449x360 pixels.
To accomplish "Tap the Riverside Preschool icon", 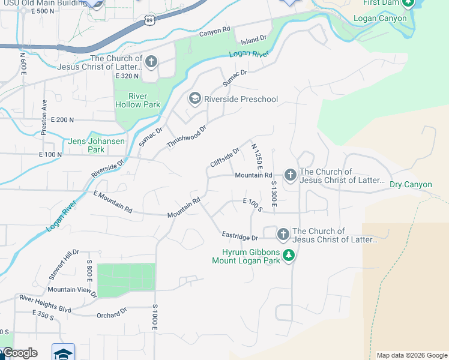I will (x=195, y=98).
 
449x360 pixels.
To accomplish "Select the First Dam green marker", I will (x=408, y=4).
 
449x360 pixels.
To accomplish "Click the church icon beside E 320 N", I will (x=151, y=61).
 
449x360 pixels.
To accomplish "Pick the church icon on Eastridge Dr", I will (x=283, y=233).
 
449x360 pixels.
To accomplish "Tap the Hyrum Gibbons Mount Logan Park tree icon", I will (x=289, y=255).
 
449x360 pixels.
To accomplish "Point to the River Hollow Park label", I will (x=137, y=100).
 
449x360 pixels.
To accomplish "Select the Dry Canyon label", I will (x=411, y=184).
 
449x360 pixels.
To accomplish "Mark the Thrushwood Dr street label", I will (x=186, y=137).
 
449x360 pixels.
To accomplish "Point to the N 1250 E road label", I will (x=258, y=155).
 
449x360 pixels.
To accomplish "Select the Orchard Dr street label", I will (x=112, y=312).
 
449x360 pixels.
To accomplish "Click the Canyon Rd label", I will (x=215, y=31).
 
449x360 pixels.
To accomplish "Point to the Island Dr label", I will (x=253, y=40).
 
